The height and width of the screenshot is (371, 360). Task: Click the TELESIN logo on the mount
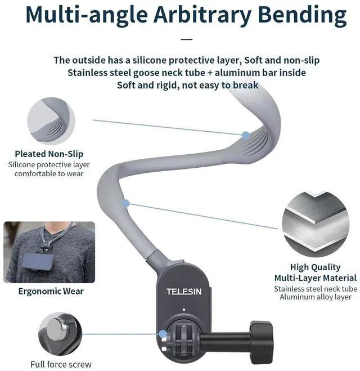(184, 291)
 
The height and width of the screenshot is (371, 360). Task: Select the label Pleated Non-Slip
(49, 154)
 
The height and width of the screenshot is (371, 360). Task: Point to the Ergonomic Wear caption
(51, 291)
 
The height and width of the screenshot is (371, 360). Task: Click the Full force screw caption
(61, 364)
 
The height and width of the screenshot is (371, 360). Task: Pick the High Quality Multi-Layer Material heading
(315, 272)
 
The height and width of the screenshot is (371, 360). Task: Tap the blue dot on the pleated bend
(246, 135)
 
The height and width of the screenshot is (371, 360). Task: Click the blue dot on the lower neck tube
(126, 203)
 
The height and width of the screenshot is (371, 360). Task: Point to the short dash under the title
(187, 40)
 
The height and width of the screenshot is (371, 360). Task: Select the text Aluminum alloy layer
(315, 297)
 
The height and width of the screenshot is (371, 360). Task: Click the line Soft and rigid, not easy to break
(187, 85)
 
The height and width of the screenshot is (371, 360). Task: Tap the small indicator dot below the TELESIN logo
(184, 309)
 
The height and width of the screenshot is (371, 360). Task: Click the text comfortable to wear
(49, 173)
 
